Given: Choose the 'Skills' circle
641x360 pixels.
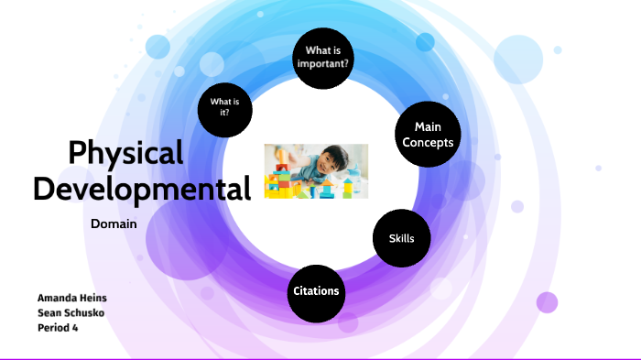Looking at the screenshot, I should [x=400, y=238].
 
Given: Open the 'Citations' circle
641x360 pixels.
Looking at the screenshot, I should [x=316, y=291].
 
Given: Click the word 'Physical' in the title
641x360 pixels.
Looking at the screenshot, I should [x=125, y=152].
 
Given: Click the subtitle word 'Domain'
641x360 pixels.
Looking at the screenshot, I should [x=114, y=224].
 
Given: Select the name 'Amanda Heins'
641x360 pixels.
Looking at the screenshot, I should [x=72, y=299].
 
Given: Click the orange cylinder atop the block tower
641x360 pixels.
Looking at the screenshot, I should [x=283, y=156].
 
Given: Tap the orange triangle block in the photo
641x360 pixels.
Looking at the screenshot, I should [x=326, y=182].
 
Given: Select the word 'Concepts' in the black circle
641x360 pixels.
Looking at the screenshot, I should [x=428, y=142].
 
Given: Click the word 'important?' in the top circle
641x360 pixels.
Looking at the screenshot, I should [x=324, y=63].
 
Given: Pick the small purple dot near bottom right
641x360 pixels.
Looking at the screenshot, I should [x=547, y=302].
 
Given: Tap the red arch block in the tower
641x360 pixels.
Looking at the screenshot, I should [x=283, y=167].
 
